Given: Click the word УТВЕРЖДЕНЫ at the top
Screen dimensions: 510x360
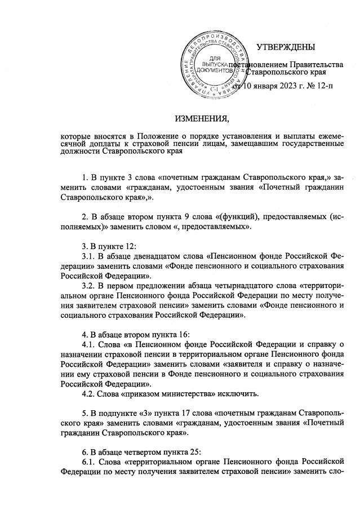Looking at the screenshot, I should [286, 47].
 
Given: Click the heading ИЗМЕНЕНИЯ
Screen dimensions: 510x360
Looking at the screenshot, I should [202, 119].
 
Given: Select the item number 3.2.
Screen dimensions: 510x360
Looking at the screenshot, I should [88, 286].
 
